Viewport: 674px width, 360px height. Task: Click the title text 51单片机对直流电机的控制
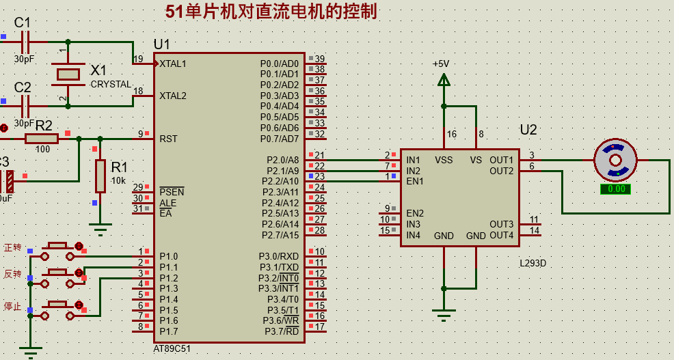pyautogui.click(x=271, y=12)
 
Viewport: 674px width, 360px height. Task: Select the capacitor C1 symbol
pyautogui.click(x=25, y=42)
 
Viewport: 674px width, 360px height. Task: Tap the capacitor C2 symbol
pyautogui.click(x=25, y=106)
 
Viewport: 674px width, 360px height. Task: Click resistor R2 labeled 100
pyautogui.click(x=42, y=139)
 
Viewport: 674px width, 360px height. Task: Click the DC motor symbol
pyautogui.click(x=615, y=161)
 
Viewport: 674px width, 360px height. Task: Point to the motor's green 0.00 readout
pyautogui.click(x=616, y=189)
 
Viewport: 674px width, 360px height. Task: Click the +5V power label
pyautogui.click(x=441, y=64)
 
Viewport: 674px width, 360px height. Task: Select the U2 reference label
pyautogui.click(x=528, y=130)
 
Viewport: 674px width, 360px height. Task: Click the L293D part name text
pyautogui.click(x=533, y=263)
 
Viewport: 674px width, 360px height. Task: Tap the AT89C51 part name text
pyautogui.click(x=172, y=348)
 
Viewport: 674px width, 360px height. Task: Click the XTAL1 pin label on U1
pyautogui.click(x=173, y=64)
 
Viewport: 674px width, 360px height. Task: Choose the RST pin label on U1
pyautogui.click(x=168, y=139)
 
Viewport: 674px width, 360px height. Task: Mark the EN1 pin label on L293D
pyautogui.click(x=414, y=182)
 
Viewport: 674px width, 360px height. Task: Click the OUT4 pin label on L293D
pyautogui.click(x=501, y=236)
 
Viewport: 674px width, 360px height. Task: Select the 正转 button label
pyautogui.click(x=13, y=247)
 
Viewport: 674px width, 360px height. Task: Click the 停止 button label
pyautogui.click(x=13, y=306)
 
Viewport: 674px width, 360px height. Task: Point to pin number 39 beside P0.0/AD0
pyautogui.click(x=319, y=59)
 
